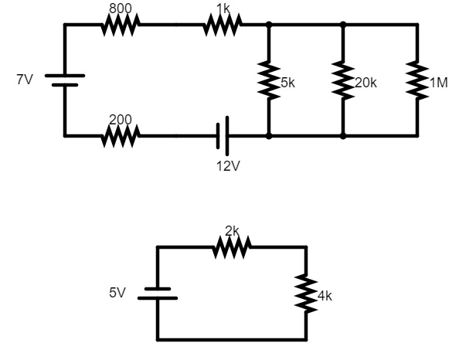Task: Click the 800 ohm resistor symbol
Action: [x=120, y=25]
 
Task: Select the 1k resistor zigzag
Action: [x=223, y=25]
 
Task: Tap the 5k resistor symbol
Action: [x=268, y=80]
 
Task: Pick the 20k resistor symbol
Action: [x=342, y=80]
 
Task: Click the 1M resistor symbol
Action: [x=417, y=80]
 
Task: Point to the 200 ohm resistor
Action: [x=120, y=137]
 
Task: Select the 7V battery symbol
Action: [x=64, y=80]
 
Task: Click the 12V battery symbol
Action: [x=223, y=136]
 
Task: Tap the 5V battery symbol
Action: [x=158, y=294]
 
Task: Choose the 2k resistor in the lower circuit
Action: [x=232, y=248]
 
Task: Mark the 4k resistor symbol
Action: [x=307, y=294]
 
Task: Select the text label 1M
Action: [x=438, y=83]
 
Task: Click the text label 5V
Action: [x=117, y=294]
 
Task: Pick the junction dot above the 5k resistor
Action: [x=268, y=25]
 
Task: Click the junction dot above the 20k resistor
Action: [x=342, y=25]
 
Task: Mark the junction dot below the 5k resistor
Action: [x=268, y=136]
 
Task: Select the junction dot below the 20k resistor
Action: [x=342, y=136]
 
